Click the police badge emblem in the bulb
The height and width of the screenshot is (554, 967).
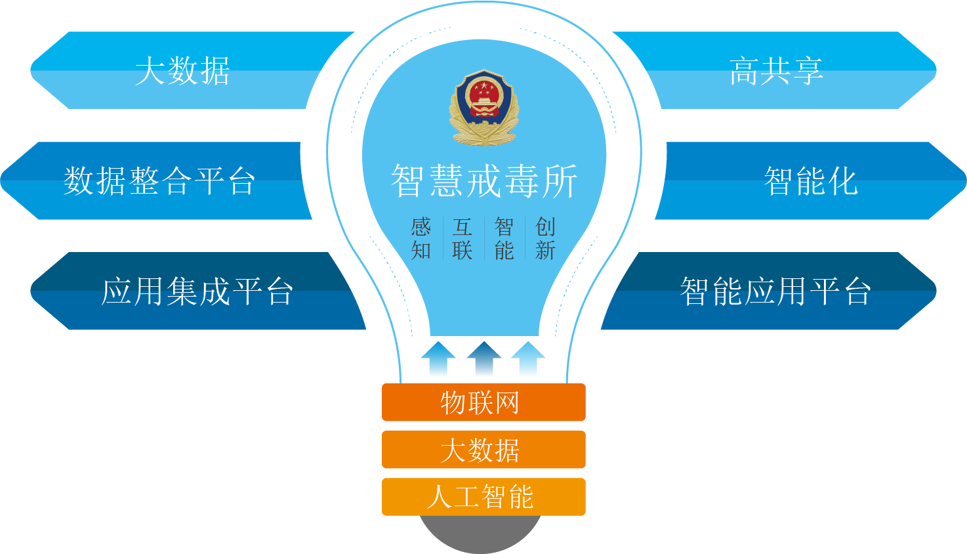(x=484, y=108)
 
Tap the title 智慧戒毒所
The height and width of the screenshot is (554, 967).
(x=484, y=181)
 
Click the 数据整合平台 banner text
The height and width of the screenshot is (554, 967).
(x=159, y=181)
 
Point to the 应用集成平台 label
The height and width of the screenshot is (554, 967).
(x=197, y=291)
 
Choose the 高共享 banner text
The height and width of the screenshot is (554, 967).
(x=776, y=71)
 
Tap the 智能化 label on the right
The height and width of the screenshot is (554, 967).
(x=811, y=181)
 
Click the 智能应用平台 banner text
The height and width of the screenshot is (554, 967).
(x=775, y=291)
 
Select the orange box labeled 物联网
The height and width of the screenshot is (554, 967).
(x=483, y=402)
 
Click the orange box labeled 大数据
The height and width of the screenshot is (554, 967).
(x=483, y=450)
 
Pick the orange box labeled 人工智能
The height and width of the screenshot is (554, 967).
(x=483, y=497)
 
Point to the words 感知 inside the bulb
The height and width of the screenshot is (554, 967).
(x=421, y=238)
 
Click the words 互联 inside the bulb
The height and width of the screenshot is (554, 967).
(x=463, y=238)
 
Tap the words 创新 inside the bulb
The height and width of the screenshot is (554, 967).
(x=545, y=238)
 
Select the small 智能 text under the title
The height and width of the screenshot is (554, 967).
(x=504, y=238)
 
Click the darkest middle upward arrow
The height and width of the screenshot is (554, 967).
(x=484, y=358)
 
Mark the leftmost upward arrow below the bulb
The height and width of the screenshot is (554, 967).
(x=438, y=358)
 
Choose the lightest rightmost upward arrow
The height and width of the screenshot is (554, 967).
(x=528, y=358)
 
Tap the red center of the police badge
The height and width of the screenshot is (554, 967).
(x=484, y=98)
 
